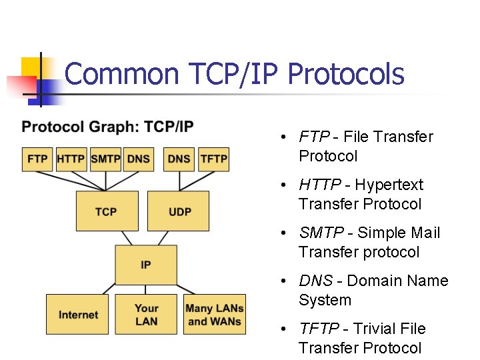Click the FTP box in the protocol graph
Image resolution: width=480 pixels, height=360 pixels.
pos(37,159)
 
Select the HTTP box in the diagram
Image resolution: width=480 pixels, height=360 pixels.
pos(71,159)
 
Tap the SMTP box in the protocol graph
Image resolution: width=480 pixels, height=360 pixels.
pos(105,159)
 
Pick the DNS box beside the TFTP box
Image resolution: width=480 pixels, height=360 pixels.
pos(179,159)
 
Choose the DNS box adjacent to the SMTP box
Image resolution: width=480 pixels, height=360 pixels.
pos(139,159)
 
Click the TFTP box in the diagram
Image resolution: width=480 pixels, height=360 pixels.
pos(214,159)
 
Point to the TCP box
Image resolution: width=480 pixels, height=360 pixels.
pos(107,211)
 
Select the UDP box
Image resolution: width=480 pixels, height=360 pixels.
pos(178,211)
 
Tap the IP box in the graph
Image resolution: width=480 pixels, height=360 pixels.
pos(146,265)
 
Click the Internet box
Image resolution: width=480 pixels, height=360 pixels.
pos(77,314)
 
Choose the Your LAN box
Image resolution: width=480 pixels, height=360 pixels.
pos(146,314)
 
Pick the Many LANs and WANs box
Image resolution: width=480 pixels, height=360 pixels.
pos(215,314)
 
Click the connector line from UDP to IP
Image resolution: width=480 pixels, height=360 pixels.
pos(163,238)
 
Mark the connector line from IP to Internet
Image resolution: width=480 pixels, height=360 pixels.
pos(109,289)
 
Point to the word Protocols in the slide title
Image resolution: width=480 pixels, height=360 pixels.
pos(346,75)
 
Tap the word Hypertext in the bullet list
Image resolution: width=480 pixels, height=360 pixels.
pos(389,185)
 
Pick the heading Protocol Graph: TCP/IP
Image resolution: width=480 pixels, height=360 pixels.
pos(107,127)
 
